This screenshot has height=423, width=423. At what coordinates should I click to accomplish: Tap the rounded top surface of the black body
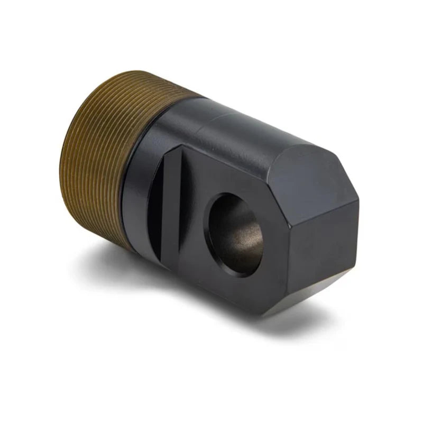[238, 127]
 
